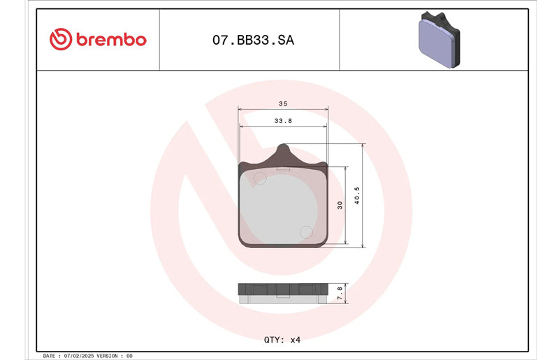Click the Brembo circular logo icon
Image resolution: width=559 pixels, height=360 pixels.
pyautogui.click(x=61, y=39)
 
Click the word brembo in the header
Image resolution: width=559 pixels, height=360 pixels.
pyautogui.click(x=111, y=39)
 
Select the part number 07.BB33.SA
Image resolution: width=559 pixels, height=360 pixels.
pyautogui.click(x=253, y=40)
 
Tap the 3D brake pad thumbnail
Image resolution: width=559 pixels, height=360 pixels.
pyautogui.click(x=440, y=40)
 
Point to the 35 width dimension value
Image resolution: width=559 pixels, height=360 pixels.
pyautogui.click(x=283, y=103)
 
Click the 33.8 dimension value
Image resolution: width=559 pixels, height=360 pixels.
pyautogui.click(x=283, y=121)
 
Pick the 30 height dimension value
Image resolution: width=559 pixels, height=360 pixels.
pyautogui.click(x=340, y=205)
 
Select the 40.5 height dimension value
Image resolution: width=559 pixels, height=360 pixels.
pyautogui.click(x=357, y=196)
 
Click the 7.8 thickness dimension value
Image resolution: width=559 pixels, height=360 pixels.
pyautogui.click(x=340, y=293)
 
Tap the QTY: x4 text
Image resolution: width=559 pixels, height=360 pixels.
pyautogui.click(x=282, y=340)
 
